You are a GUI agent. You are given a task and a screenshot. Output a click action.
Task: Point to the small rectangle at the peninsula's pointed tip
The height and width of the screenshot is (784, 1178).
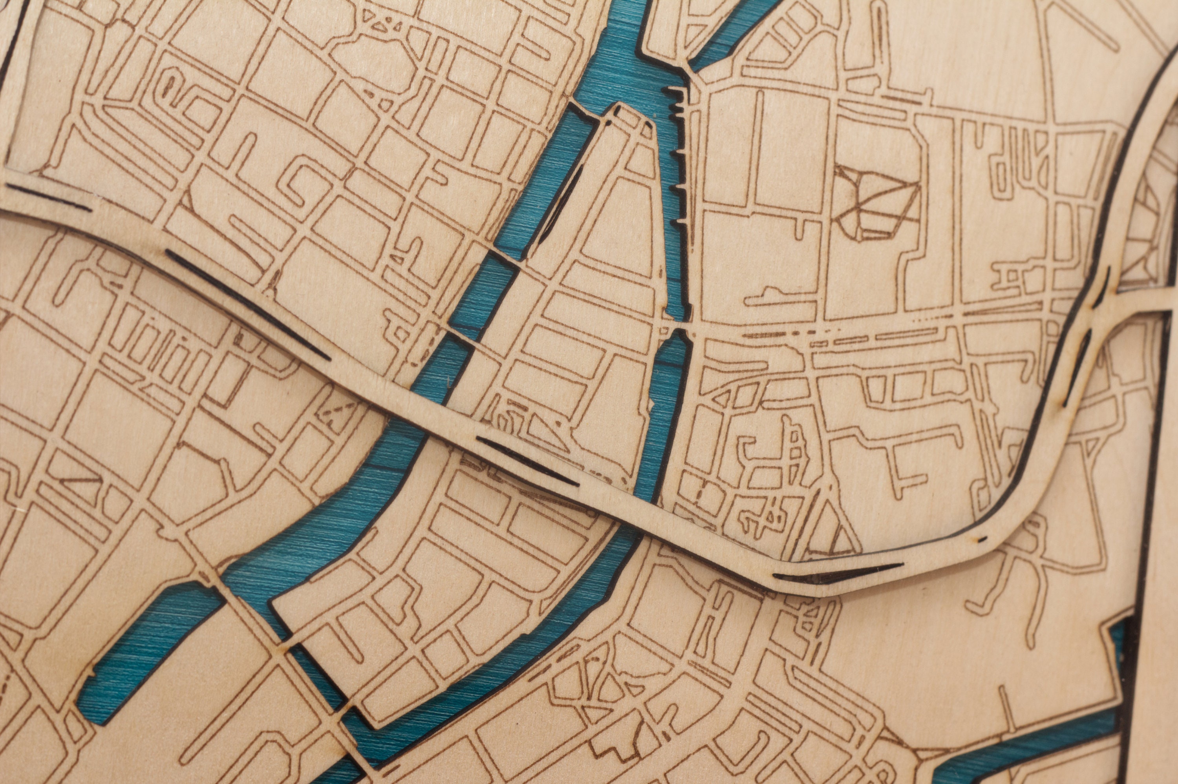[632, 116]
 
